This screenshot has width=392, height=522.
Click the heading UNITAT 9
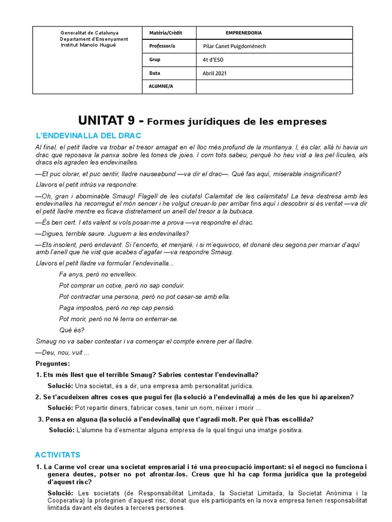(x=107, y=121)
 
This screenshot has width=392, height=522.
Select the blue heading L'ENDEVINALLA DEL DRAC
(x=88, y=136)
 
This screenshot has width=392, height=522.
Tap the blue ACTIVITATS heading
(x=58, y=454)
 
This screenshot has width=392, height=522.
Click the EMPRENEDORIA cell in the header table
(x=243, y=33)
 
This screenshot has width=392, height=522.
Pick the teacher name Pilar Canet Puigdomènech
(x=234, y=46)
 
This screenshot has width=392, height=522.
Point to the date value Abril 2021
(x=215, y=73)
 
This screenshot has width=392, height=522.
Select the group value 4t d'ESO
(x=213, y=60)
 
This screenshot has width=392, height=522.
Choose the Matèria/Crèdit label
(x=165, y=33)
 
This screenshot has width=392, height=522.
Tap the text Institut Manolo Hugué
(x=88, y=45)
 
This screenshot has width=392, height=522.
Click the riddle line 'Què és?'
(x=71, y=330)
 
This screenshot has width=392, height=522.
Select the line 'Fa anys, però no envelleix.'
(x=98, y=274)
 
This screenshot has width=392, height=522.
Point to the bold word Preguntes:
(x=53, y=363)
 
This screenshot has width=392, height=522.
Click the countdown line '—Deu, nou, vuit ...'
(x=62, y=352)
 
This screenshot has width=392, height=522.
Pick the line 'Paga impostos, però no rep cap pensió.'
(x=117, y=307)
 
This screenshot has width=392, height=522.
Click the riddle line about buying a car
(x=121, y=285)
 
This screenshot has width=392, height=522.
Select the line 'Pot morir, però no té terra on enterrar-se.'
(x=118, y=319)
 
